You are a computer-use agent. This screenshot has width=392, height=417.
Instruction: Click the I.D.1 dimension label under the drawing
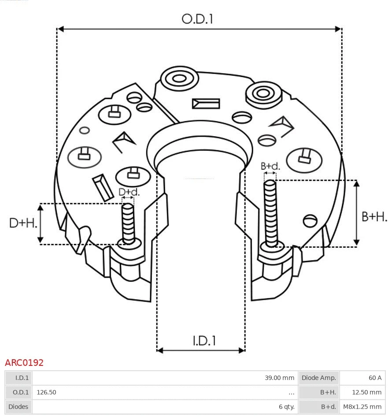click(x=204, y=341)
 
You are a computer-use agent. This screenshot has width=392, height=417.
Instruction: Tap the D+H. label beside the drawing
click(x=23, y=223)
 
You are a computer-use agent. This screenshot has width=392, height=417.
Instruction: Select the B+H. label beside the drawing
click(x=374, y=216)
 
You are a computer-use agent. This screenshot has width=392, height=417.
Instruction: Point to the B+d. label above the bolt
click(x=270, y=166)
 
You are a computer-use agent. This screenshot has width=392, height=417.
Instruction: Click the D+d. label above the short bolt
click(x=129, y=192)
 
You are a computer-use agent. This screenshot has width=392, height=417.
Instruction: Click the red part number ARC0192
click(x=24, y=363)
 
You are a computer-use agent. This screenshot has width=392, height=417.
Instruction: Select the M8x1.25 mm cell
click(x=362, y=407)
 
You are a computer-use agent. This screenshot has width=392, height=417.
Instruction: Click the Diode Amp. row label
click(x=319, y=378)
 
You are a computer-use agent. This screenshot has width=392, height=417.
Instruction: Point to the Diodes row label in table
click(x=18, y=407)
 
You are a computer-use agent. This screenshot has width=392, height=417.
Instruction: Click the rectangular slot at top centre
click(x=206, y=104)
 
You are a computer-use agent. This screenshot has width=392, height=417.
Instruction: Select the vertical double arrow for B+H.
click(x=357, y=213)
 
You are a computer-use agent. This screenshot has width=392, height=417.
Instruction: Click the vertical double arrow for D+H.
click(x=41, y=224)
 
